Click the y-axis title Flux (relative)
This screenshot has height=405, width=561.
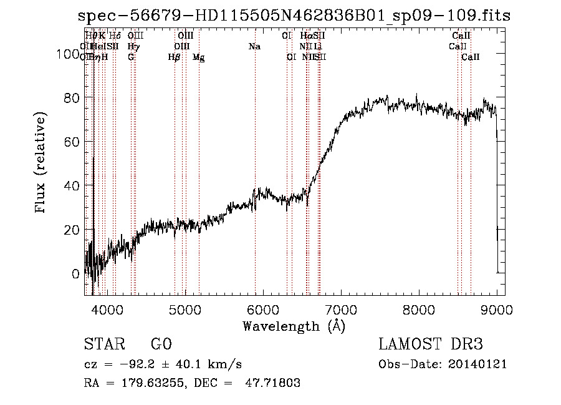point(41,163)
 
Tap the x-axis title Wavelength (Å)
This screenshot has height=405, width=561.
point(294,326)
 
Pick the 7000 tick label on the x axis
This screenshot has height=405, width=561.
point(340,309)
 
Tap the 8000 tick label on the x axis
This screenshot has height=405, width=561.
point(418,309)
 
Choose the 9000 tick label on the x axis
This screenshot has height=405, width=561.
point(496,309)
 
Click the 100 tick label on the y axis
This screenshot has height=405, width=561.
point(66,54)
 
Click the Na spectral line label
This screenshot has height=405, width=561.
point(254,47)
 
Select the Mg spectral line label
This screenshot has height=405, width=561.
point(198,57)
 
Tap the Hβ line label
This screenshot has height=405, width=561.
point(174,57)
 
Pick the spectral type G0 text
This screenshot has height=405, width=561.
point(161,344)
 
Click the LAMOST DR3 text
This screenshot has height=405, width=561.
point(431,344)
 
